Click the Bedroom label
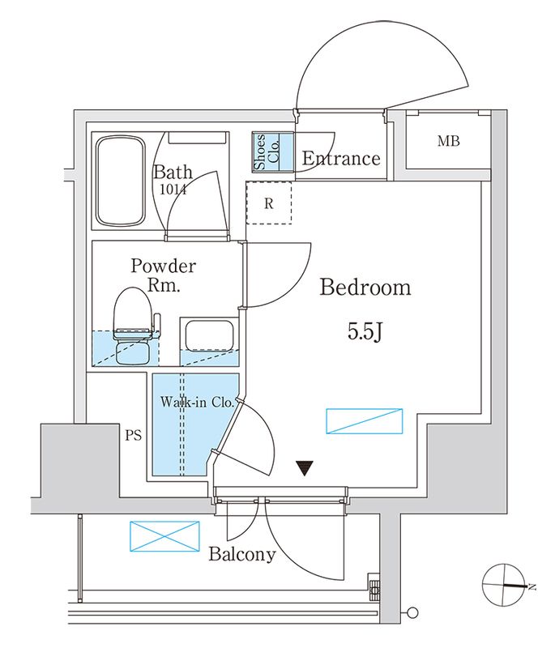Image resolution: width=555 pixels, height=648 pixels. pyautogui.click(x=365, y=288)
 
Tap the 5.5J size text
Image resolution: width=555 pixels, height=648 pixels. pyautogui.click(x=365, y=332)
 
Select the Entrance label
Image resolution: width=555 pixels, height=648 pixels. pyautogui.click(x=340, y=159)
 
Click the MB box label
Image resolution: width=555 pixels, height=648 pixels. pyautogui.click(x=448, y=143)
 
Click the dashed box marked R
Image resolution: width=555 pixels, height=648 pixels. pyautogui.click(x=268, y=203)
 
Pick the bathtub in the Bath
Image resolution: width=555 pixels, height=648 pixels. pyautogui.click(x=120, y=181)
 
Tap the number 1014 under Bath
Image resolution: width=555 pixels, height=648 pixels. pyautogui.click(x=173, y=190)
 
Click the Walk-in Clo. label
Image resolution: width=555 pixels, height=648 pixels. pyautogui.click(x=197, y=402)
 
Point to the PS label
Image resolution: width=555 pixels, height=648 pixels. pyautogui.click(x=133, y=435)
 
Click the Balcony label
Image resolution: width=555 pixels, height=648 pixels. pyautogui.click(x=241, y=555)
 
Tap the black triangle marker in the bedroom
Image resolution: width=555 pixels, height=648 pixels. pyautogui.click(x=305, y=468)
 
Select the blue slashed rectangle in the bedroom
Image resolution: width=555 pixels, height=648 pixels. pyautogui.click(x=364, y=421)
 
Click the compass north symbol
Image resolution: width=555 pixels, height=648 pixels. pyautogui.click(x=505, y=586)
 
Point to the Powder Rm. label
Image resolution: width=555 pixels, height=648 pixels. pyautogui.click(x=164, y=275)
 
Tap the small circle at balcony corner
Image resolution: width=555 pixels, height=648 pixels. pyautogui.click(x=413, y=612)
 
